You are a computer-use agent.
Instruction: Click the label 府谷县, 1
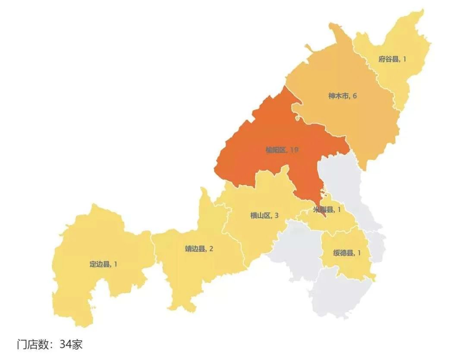[392, 59]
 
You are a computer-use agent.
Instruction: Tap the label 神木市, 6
[343, 96]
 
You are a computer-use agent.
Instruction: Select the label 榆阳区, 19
[282, 150]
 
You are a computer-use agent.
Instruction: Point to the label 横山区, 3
[264, 215]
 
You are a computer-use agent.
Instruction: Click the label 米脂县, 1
[327, 210]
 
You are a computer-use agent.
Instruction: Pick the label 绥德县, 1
[347, 253]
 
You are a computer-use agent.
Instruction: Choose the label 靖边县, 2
[199, 249]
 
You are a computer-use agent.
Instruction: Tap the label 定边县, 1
[103, 264]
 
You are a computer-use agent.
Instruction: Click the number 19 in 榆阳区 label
[294, 150]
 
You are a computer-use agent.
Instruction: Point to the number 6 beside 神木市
[355, 96]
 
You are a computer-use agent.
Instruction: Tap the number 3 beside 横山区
[276, 215]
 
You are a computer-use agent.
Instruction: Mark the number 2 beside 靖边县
[211, 249]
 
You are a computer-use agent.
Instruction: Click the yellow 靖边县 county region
[194, 272]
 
